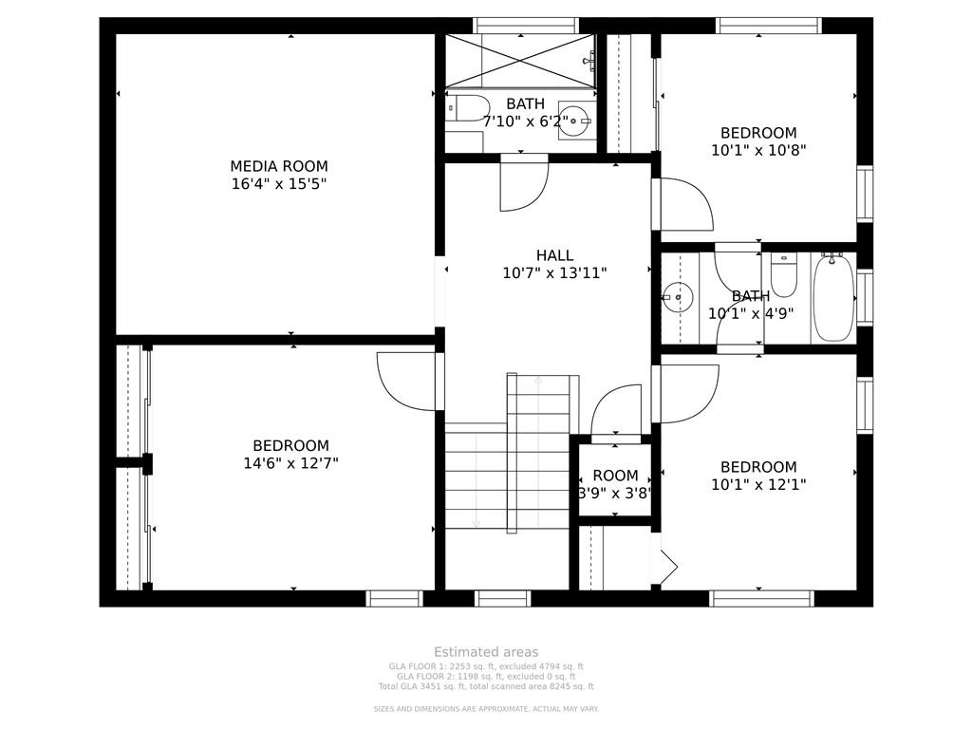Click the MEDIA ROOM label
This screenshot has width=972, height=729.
pyautogui.click(x=279, y=166)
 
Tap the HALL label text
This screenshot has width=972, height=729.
pyautogui.click(x=554, y=255)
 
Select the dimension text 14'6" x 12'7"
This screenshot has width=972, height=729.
pyautogui.click(x=291, y=463)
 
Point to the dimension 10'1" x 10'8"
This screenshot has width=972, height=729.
pyautogui.click(x=758, y=150)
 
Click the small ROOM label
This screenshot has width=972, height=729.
pyautogui.click(x=615, y=476)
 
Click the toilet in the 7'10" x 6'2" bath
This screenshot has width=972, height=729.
pyautogui.click(x=469, y=108)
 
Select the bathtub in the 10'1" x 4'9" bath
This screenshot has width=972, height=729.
pyautogui.click(x=833, y=297)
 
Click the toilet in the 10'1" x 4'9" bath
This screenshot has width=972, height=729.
pyautogui.click(x=783, y=276)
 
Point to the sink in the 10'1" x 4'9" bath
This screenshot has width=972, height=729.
pyautogui.click(x=677, y=298)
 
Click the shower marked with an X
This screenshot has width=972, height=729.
pyautogui.click(x=521, y=61)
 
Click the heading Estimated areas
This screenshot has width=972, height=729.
pyautogui.click(x=486, y=652)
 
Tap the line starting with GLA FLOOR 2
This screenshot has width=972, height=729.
pyautogui.click(x=486, y=676)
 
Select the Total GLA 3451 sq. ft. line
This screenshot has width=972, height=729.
pyautogui.click(x=486, y=686)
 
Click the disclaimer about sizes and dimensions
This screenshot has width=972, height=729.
pyautogui.click(x=486, y=708)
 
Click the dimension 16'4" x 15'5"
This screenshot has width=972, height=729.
pyautogui.click(x=279, y=184)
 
